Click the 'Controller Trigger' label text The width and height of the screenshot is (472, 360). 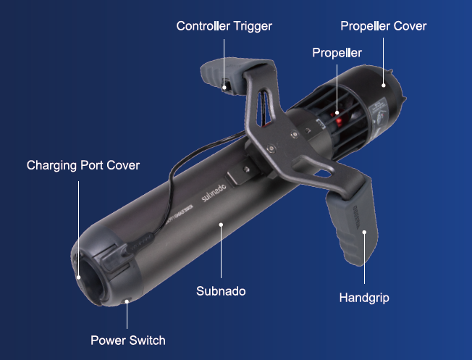click(224, 26)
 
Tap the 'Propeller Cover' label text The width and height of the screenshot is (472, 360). click(384, 26)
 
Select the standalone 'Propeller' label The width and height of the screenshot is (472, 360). click(337, 53)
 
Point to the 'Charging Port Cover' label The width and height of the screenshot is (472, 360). click(83, 165)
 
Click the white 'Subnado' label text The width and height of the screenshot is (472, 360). click(221, 291)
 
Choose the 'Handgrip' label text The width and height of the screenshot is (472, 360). click(364, 298)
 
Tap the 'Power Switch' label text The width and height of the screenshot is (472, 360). click(128, 340)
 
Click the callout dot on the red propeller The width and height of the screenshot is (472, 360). click(337, 113)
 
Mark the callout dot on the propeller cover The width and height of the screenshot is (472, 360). click(384, 85)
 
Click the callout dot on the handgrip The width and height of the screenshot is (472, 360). click(364, 233)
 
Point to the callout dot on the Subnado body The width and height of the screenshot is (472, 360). click(221, 225)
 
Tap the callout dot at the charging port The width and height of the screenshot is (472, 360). click(79, 277)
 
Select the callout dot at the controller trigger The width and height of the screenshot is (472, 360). click(224, 88)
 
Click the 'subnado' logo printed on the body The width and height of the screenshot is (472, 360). click(214, 193)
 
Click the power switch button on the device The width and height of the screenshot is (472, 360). click(127, 301)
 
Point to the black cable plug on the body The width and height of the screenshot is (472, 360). click(139, 243)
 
